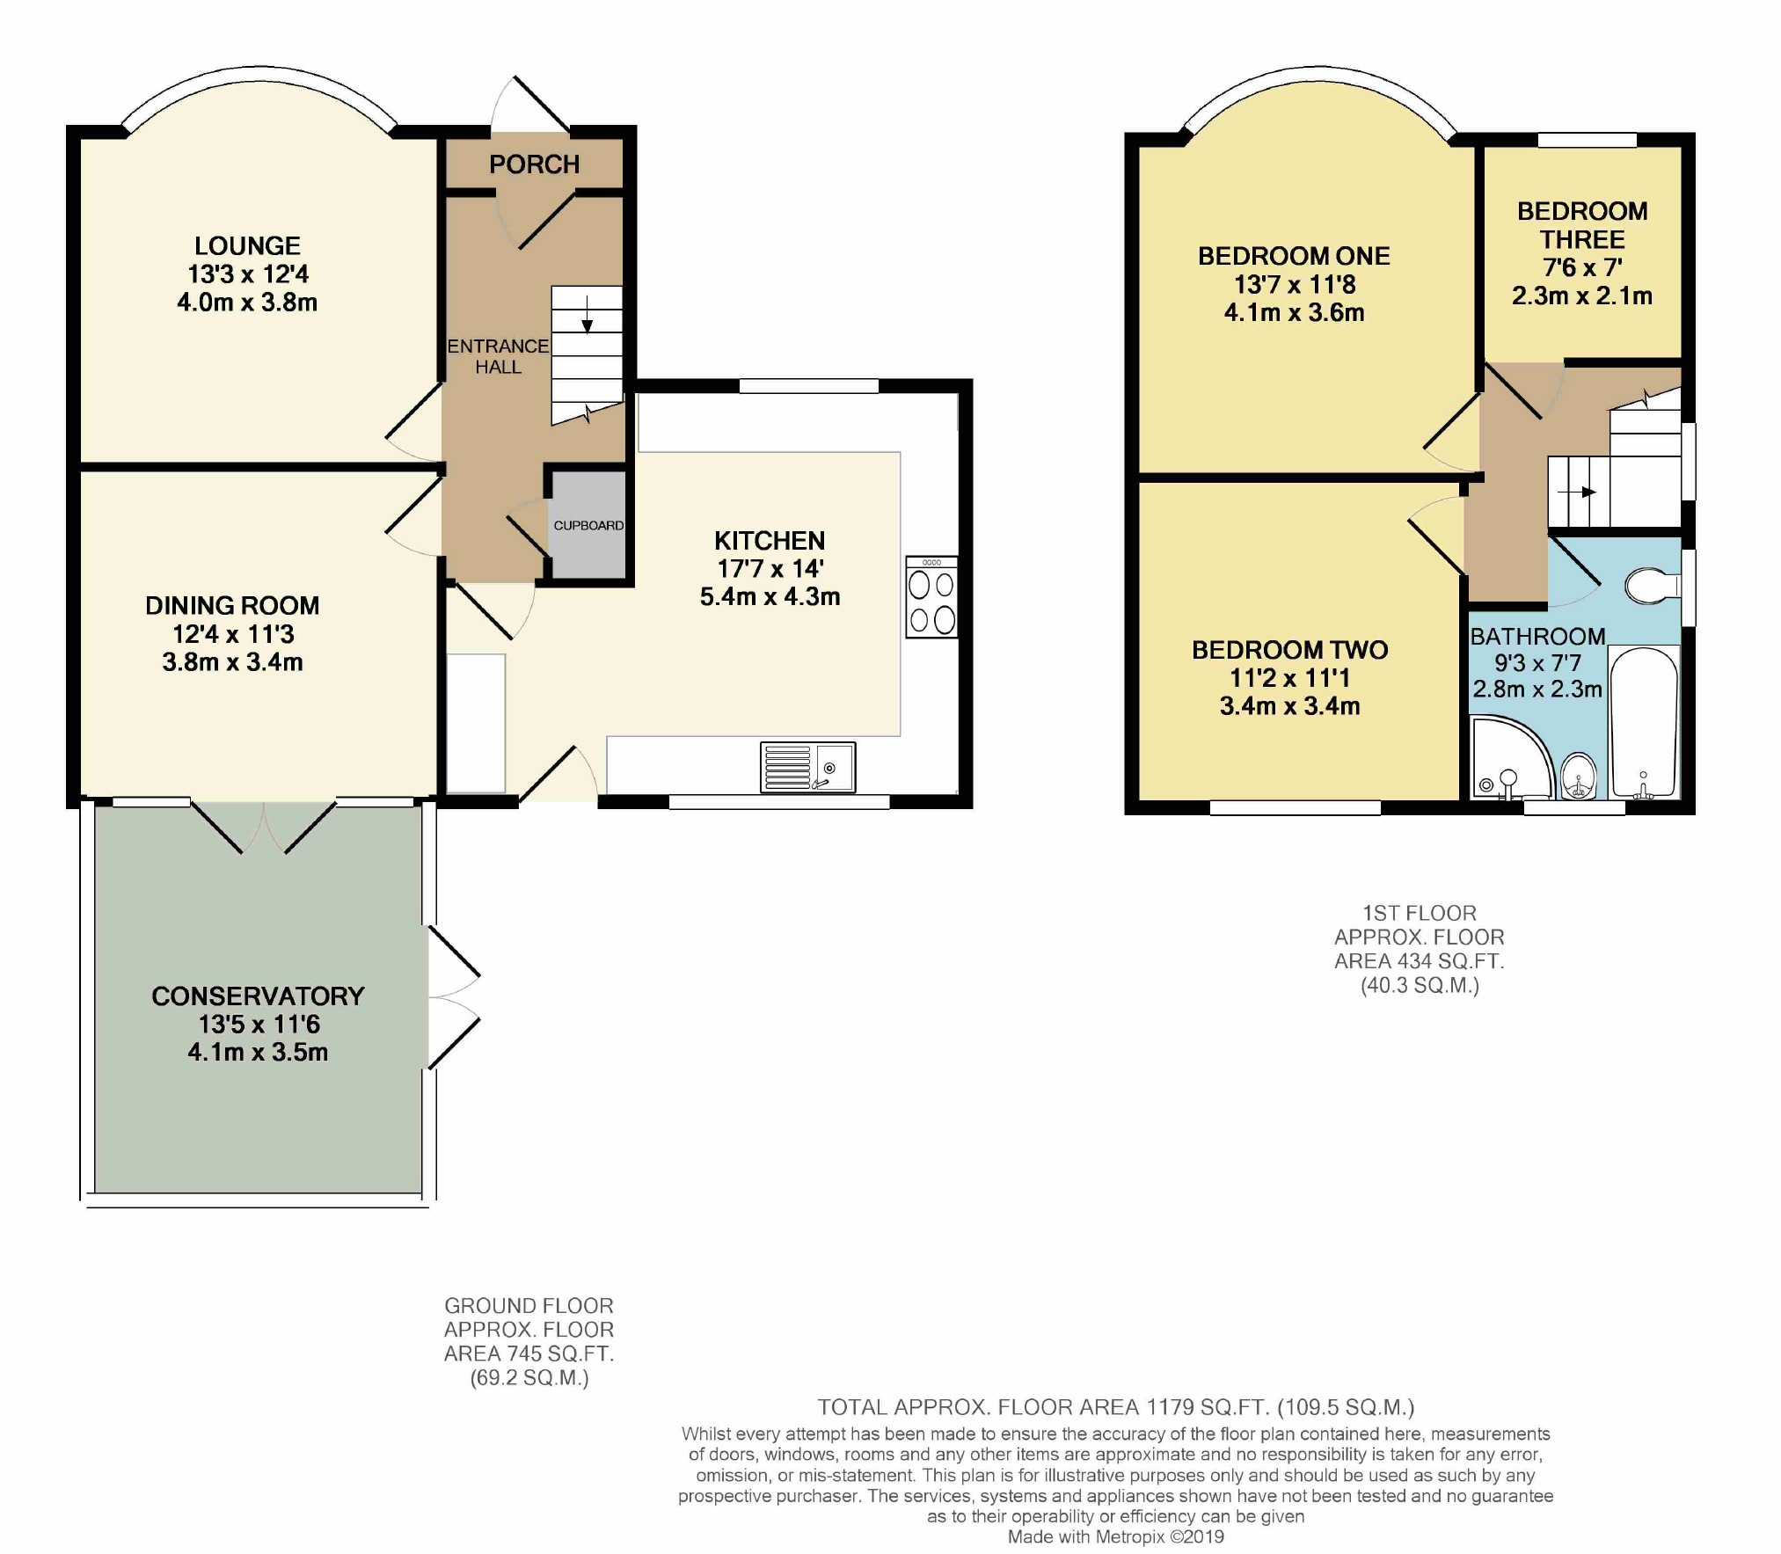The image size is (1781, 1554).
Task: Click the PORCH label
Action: coord(534,164)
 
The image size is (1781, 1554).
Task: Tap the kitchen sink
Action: coord(808,767)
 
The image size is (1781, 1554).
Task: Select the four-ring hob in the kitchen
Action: coord(932,597)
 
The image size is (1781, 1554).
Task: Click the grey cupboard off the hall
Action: coord(588,525)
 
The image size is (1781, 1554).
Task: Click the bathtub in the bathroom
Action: coord(1644,722)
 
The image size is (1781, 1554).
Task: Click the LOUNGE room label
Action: coord(247,246)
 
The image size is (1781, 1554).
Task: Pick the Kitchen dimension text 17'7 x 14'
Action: coord(770,568)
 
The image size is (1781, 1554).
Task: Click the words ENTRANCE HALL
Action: coord(498,356)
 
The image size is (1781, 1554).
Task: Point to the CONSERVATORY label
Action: coord(258,996)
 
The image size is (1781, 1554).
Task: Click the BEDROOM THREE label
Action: coord(1582,225)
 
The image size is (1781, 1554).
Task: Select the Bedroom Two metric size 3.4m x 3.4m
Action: coord(1290,706)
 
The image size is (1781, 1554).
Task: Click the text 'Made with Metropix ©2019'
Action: coord(1116,1536)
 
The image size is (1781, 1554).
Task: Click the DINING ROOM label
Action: coord(232,606)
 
